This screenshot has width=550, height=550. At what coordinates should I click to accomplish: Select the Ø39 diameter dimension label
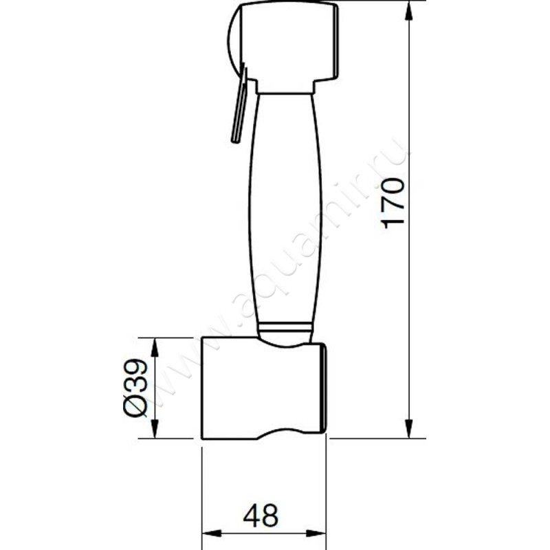pos(135,387)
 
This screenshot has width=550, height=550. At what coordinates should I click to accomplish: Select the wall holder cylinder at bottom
pos(264,388)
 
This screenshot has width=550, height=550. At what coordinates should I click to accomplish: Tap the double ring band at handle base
pos(285,328)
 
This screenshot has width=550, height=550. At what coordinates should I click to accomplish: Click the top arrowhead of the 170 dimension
pos(408,12)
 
